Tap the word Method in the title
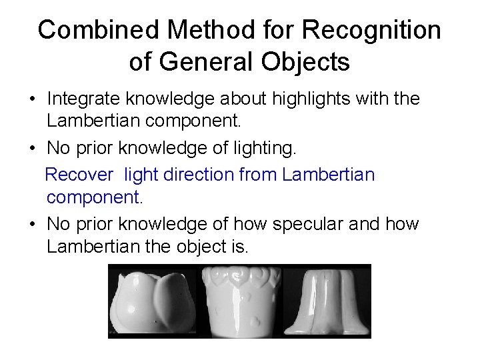click(x=198, y=31)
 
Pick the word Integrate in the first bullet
click(x=79, y=99)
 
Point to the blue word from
click(x=258, y=175)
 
